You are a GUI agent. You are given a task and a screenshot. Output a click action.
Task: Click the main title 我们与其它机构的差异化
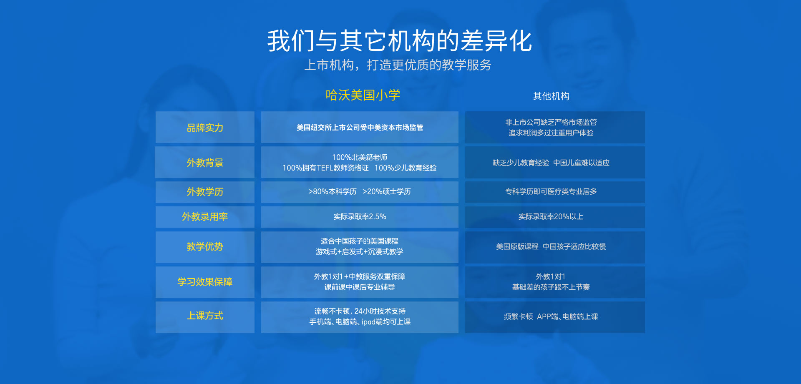pos(400,41)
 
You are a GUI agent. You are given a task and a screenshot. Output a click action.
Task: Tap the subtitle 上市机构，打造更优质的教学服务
pos(398,65)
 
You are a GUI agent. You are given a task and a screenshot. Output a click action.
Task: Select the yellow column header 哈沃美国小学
pos(363,95)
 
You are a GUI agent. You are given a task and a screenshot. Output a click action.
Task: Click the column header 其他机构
pos(551,96)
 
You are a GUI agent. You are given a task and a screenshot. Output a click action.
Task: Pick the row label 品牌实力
pos(205,127)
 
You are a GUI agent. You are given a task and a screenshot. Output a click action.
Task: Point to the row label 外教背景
pos(205,162)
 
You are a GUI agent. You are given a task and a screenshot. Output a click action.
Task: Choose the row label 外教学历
pos(205,192)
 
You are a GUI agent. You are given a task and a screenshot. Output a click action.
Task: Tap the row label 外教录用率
pos(205,217)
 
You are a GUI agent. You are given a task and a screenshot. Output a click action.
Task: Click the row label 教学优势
pos(205,247)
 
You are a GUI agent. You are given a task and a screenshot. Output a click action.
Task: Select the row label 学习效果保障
pos(205,282)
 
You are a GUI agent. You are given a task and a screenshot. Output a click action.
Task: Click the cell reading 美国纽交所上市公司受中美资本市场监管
pos(360,127)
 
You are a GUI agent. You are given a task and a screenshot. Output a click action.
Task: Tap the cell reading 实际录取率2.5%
pos(360,217)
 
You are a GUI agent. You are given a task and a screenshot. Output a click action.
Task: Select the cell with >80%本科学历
pos(360,192)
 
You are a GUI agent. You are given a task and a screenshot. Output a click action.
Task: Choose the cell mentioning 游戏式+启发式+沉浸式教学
pos(360,247)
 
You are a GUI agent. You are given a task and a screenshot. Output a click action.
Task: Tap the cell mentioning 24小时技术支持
pos(360,317)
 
